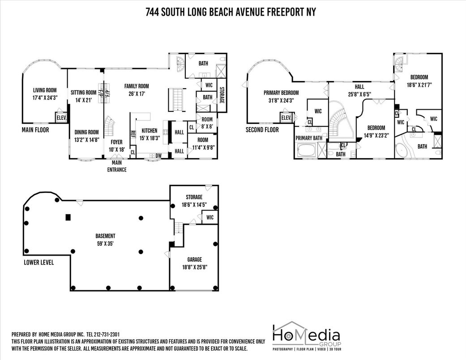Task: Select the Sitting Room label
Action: [84, 93]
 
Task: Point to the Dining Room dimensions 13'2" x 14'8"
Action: [86, 139]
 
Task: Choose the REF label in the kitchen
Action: [133, 134]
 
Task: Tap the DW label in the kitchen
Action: [158, 156]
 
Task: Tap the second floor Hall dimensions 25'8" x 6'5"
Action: [359, 95]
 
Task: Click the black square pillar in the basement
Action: [68, 217]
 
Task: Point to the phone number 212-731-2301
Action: [115, 334]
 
